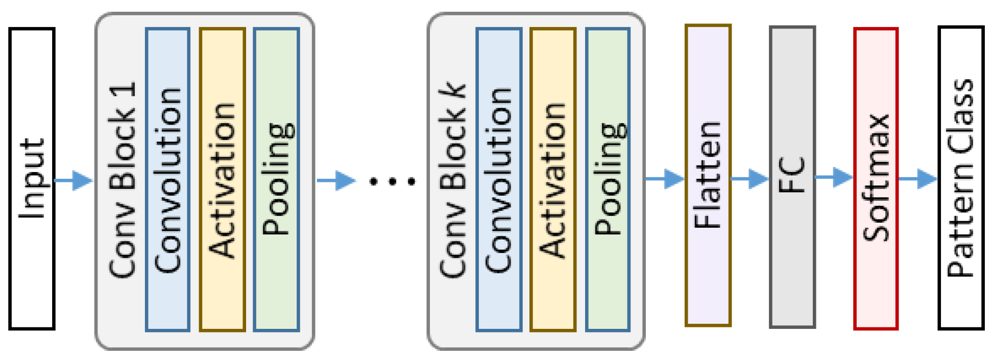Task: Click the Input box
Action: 32,179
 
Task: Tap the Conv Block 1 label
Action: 123,180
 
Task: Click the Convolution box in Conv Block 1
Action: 167,180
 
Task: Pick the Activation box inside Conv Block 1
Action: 222,180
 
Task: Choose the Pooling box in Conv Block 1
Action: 276,180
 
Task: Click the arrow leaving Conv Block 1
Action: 335,180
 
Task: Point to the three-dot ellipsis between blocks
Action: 392,181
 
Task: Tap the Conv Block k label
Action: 453,180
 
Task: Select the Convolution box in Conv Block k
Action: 499,180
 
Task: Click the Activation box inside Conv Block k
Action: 553,180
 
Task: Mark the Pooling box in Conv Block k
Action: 608,180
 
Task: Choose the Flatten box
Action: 708,175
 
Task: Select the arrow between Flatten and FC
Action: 749,179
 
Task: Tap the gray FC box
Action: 792,177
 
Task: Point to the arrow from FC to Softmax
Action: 834,177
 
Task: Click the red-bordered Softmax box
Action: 876,179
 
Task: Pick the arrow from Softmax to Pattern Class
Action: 918,179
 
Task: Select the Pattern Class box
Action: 961,178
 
